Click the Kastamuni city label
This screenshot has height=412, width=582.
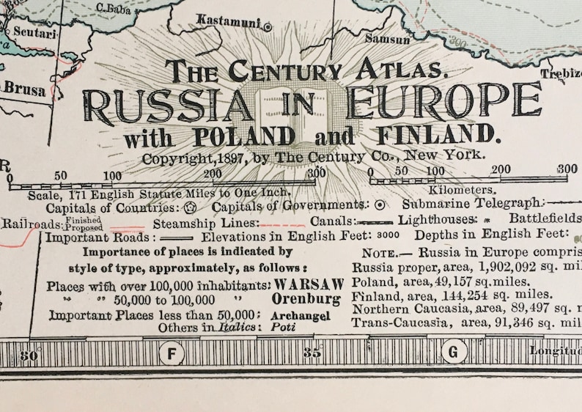coord(229,22)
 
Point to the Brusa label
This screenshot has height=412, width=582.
coord(24,90)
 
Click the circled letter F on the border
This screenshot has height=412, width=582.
coord(172,353)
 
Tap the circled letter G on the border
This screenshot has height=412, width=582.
coord(454,353)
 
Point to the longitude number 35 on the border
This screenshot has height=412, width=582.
coord(313,353)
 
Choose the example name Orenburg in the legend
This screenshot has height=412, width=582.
coord(306,299)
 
